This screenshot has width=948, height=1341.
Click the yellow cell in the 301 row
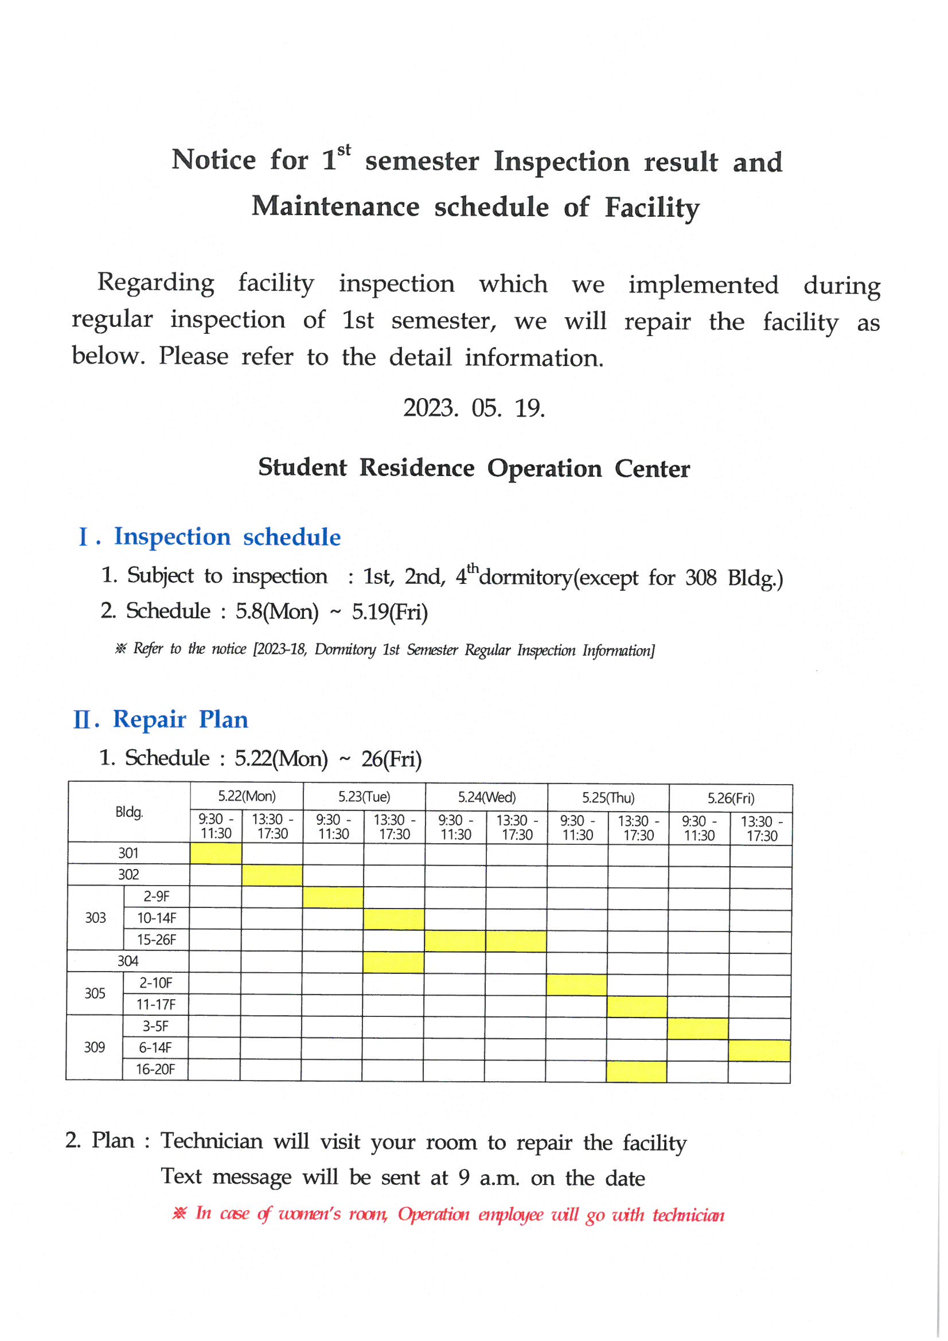[x=216, y=853]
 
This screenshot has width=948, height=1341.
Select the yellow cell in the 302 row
[x=272, y=875]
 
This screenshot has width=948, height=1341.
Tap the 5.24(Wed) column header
[x=486, y=797]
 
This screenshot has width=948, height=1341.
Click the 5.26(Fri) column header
[x=730, y=798]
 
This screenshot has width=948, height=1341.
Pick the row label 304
[x=128, y=961]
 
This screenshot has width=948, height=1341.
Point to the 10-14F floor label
[x=157, y=918]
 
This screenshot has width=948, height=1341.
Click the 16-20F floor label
[x=155, y=1069]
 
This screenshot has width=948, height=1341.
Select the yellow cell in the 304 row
[x=393, y=962]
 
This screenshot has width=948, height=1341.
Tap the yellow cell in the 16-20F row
[x=636, y=1072]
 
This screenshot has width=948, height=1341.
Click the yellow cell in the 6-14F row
[x=759, y=1050]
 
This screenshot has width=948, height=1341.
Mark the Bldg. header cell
[x=129, y=812]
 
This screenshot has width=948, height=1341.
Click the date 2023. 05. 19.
[x=474, y=408]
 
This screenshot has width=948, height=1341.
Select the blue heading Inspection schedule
[x=227, y=537]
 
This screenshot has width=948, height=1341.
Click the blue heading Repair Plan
[x=180, y=719]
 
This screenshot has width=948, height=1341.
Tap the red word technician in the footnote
[x=688, y=1215]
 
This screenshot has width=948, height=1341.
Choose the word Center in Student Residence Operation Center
[x=652, y=469]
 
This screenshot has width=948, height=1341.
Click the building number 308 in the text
[x=700, y=578]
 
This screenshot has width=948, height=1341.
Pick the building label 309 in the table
[x=95, y=1047]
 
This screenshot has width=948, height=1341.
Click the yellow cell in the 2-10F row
[x=576, y=985]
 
